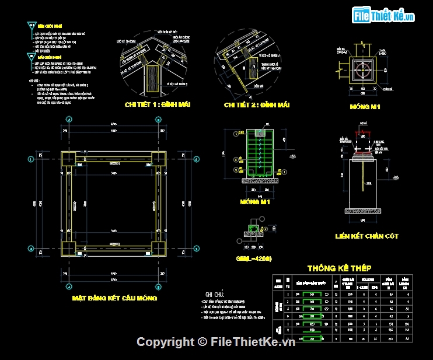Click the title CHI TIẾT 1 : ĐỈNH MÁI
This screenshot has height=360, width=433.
[151, 104]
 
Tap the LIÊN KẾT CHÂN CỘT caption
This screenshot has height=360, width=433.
[367, 236]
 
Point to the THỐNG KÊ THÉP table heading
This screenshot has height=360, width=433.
[339, 268]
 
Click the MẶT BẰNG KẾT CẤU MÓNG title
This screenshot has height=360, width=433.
[114, 298]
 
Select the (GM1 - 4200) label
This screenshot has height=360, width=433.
[254, 257]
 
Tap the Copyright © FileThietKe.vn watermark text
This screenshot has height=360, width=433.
[216, 342]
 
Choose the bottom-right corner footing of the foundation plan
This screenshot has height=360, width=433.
[158, 248]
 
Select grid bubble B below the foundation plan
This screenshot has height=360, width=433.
[158, 287]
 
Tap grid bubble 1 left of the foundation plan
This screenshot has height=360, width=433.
[30, 159]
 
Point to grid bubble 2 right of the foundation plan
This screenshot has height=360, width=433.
[197, 248]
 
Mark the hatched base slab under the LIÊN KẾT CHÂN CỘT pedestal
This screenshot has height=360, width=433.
[364, 211]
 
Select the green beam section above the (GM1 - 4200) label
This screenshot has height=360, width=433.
[254, 228]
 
